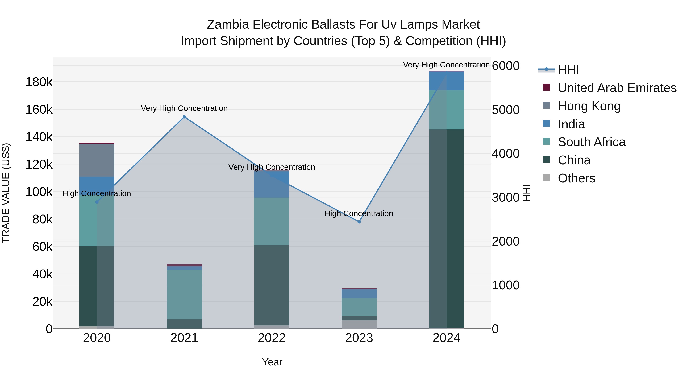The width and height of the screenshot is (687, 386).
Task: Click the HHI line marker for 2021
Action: pyautogui.click(x=184, y=117)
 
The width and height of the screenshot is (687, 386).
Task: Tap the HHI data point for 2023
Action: pyautogui.click(x=359, y=222)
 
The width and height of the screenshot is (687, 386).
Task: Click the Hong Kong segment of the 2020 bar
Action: pyautogui.click(x=97, y=160)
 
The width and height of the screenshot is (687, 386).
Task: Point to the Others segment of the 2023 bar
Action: pyautogui.click(x=359, y=324)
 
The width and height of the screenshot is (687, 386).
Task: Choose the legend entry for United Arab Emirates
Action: pyautogui.click(x=617, y=88)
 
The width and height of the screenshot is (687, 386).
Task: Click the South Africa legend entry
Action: pyautogui.click(x=592, y=142)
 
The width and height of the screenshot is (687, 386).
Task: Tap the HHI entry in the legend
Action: pyautogui.click(x=568, y=70)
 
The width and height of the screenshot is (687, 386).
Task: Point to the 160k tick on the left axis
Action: pyautogui.click(x=39, y=109)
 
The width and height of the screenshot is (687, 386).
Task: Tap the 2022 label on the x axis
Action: pyautogui.click(x=272, y=338)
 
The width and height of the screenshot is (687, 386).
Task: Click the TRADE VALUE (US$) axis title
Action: pyautogui.click(x=6, y=193)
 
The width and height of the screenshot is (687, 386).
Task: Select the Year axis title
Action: pyautogui.click(x=272, y=362)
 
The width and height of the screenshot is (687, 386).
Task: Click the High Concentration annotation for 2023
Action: pyautogui.click(x=359, y=214)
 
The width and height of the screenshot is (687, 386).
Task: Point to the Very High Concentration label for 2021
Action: pyautogui.click(x=184, y=108)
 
